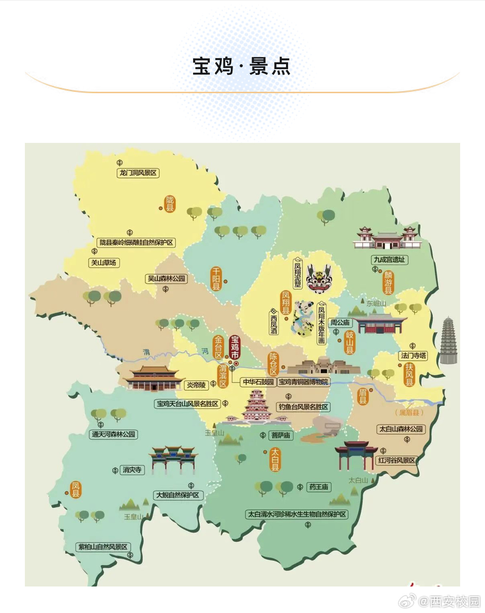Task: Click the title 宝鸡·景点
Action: [x=241, y=66]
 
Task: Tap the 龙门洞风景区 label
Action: [x=138, y=173]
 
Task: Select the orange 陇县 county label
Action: [x=170, y=204]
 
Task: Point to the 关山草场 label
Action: [x=104, y=263]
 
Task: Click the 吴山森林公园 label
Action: [x=167, y=279]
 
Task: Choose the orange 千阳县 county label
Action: [x=216, y=279]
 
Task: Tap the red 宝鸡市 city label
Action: [x=235, y=348]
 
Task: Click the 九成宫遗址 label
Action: [x=389, y=260]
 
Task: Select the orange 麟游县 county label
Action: [x=388, y=282]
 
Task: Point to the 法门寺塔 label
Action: [x=413, y=355]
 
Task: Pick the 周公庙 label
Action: [x=340, y=322]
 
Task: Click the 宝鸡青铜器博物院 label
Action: [x=303, y=381]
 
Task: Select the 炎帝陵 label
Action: [x=196, y=385]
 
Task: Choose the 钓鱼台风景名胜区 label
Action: [x=303, y=407]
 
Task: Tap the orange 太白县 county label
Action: [x=275, y=459]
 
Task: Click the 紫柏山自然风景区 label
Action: [x=103, y=547]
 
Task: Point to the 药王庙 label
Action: [x=318, y=487]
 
